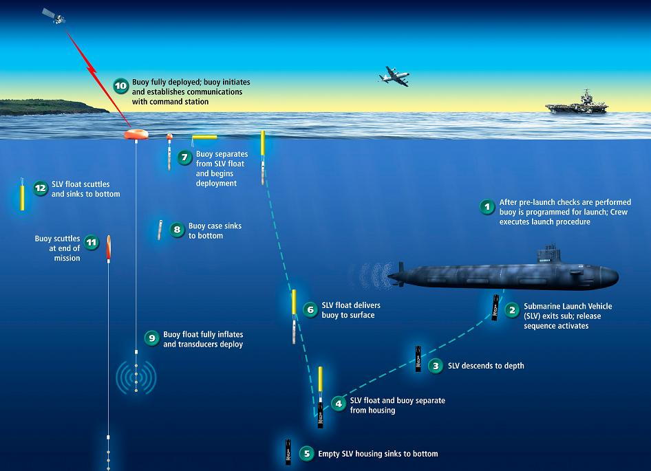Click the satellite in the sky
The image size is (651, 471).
(x=54, y=17)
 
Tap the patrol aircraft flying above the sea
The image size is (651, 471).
(x=394, y=76)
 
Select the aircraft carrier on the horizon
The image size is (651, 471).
(x=577, y=102)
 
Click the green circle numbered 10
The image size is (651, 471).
(x=121, y=86)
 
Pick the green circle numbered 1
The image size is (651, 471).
(x=487, y=206)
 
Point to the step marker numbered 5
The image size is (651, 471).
(x=307, y=454)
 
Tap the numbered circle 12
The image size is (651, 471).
(x=41, y=188)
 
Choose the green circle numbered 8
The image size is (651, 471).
(x=178, y=229)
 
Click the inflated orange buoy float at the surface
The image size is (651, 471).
(x=136, y=134)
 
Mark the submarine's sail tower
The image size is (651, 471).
(x=549, y=254)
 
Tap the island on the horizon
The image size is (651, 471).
(x=52, y=107)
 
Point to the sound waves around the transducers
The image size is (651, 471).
(x=136, y=377)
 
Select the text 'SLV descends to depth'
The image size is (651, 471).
(x=486, y=366)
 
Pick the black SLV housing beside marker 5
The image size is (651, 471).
(x=288, y=452)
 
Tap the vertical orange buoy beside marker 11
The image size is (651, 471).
(x=108, y=248)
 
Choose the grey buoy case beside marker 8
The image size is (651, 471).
(x=160, y=230)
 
